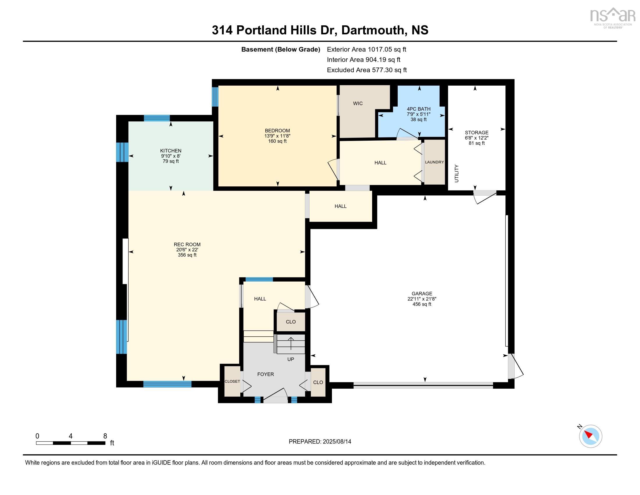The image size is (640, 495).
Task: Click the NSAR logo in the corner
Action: coord(611,17)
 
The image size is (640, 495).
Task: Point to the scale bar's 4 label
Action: coord(70,436)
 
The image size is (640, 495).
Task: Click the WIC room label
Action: coord(358,104)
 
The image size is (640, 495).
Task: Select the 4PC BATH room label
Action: coord(418,109)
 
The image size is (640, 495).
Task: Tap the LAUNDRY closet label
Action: coord(434,162)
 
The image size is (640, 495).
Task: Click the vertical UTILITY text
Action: coord(456,174)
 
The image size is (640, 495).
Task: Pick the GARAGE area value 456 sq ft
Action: coord(422,304)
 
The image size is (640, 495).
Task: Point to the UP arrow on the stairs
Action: coord(291,343)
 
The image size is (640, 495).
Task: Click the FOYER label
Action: coord(266,374)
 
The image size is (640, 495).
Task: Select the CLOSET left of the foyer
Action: coord(232,381)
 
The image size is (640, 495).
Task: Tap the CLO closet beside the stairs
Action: coord(291,322)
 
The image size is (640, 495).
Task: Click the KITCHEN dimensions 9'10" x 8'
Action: coord(170,156)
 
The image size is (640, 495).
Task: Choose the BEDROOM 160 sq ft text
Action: coord(277,141)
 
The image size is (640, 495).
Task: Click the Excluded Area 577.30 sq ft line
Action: coord(367,70)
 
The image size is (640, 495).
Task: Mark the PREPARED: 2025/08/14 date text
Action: coord(320,442)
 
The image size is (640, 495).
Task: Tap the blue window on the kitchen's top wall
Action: coord(157,118)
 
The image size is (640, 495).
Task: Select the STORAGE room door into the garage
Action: coord(485,197)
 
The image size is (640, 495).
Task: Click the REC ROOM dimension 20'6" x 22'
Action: coord(187,250)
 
